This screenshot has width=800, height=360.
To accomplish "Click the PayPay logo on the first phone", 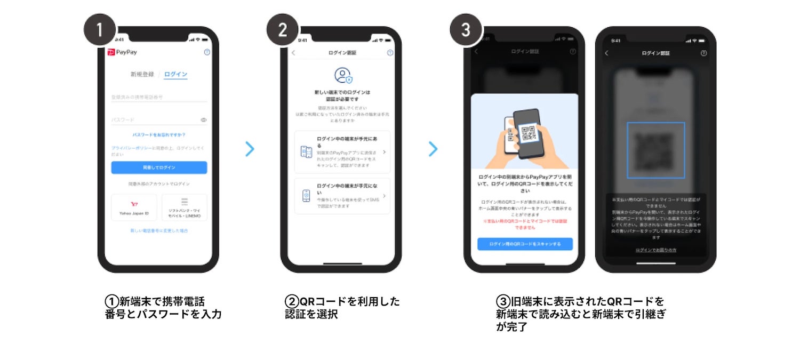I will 123,52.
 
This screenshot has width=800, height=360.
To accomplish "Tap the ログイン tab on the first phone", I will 175,75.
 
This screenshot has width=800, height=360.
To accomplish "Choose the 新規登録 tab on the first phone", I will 142,75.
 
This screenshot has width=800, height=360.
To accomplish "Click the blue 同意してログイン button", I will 159,167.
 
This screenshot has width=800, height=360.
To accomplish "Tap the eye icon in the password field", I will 203,120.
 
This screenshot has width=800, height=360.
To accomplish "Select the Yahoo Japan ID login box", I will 134,207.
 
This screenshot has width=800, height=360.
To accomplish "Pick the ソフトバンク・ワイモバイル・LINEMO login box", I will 184,207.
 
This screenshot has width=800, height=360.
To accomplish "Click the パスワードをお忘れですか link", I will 159,135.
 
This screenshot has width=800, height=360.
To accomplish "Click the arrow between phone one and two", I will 250,149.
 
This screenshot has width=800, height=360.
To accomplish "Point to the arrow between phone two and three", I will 433,149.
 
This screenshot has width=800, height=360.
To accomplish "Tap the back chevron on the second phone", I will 293,53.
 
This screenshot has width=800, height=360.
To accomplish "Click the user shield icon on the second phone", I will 343,75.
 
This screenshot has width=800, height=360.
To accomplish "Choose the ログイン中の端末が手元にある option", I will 342,152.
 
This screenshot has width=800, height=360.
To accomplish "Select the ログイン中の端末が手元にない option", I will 342,196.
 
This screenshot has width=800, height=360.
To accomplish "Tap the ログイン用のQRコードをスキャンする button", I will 525,244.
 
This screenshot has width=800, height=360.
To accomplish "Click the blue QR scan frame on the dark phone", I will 655,150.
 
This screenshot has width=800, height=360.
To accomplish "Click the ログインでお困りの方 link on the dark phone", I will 655,250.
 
